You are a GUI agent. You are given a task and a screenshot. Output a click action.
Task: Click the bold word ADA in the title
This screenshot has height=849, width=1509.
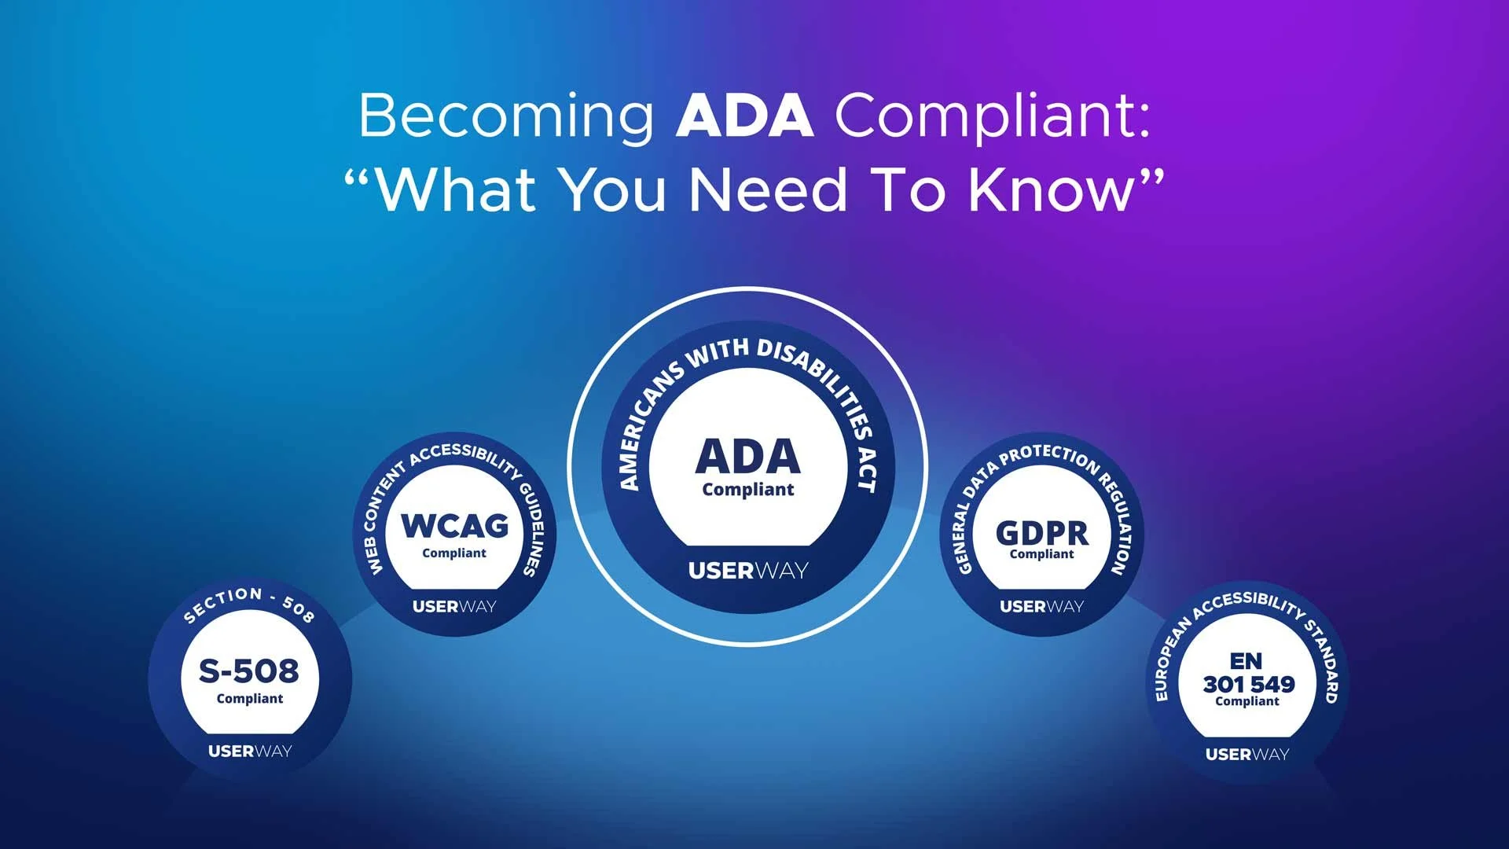(744, 116)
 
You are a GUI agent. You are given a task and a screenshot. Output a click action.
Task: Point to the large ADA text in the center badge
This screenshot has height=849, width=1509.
(748, 456)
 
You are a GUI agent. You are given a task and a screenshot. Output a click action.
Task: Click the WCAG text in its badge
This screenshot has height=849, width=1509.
(454, 525)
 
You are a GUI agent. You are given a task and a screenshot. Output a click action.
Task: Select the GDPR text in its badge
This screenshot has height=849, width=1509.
(1041, 533)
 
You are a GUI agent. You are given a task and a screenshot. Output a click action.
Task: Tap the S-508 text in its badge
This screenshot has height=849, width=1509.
(249, 671)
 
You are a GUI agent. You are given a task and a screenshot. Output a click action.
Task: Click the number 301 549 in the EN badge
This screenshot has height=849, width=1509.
(1248, 684)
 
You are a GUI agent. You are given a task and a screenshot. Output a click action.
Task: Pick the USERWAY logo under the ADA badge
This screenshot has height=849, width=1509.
(748, 571)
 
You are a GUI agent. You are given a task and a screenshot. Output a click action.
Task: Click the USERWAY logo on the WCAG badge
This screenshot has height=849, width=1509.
(454, 606)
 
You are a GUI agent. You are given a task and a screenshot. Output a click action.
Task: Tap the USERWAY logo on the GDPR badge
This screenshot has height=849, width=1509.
(1041, 606)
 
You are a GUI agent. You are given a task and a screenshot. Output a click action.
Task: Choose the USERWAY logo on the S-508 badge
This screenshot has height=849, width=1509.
(249, 751)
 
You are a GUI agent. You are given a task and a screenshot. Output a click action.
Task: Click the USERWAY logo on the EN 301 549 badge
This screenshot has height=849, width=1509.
(1247, 754)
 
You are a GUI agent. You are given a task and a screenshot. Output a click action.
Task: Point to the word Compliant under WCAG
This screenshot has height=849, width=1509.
(454, 553)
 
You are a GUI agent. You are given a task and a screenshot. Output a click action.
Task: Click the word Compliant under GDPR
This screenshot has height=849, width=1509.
(1041, 554)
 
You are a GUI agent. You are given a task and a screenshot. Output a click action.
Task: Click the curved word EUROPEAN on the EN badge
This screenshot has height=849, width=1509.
(1172, 660)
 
